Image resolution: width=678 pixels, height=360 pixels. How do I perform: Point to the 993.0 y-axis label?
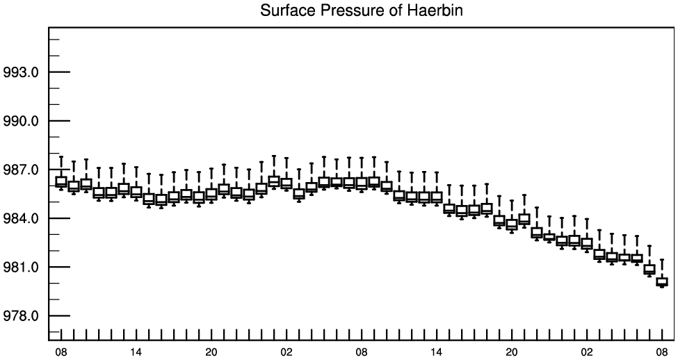click(x=21, y=72)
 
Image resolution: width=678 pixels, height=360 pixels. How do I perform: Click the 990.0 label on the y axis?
click(x=21, y=121)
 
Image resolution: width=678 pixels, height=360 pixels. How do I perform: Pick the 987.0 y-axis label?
click(x=21, y=170)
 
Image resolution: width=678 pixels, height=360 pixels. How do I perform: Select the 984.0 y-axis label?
click(x=21, y=219)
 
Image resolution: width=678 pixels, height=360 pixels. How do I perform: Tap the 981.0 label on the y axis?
click(x=21, y=268)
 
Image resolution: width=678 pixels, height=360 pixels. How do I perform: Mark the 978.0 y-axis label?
click(x=21, y=316)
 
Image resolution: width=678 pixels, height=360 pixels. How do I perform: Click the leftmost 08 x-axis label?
click(x=61, y=352)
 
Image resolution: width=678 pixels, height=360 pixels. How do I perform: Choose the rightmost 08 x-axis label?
click(x=662, y=352)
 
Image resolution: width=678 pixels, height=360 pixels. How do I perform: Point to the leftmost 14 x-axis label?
click(x=136, y=352)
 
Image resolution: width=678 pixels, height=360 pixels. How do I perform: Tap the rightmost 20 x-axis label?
click(x=512, y=352)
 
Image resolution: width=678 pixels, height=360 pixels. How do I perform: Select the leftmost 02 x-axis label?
click(x=286, y=352)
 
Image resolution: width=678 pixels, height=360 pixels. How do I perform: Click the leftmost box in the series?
click(x=61, y=182)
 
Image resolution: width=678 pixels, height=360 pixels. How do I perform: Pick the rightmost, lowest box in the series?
click(x=662, y=281)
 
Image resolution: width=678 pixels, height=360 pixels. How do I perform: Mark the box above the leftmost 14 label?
click(x=136, y=191)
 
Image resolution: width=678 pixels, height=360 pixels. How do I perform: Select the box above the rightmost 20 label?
click(x=512, y=224)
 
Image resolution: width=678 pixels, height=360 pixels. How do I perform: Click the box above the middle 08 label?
click(x=362, y=183)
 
